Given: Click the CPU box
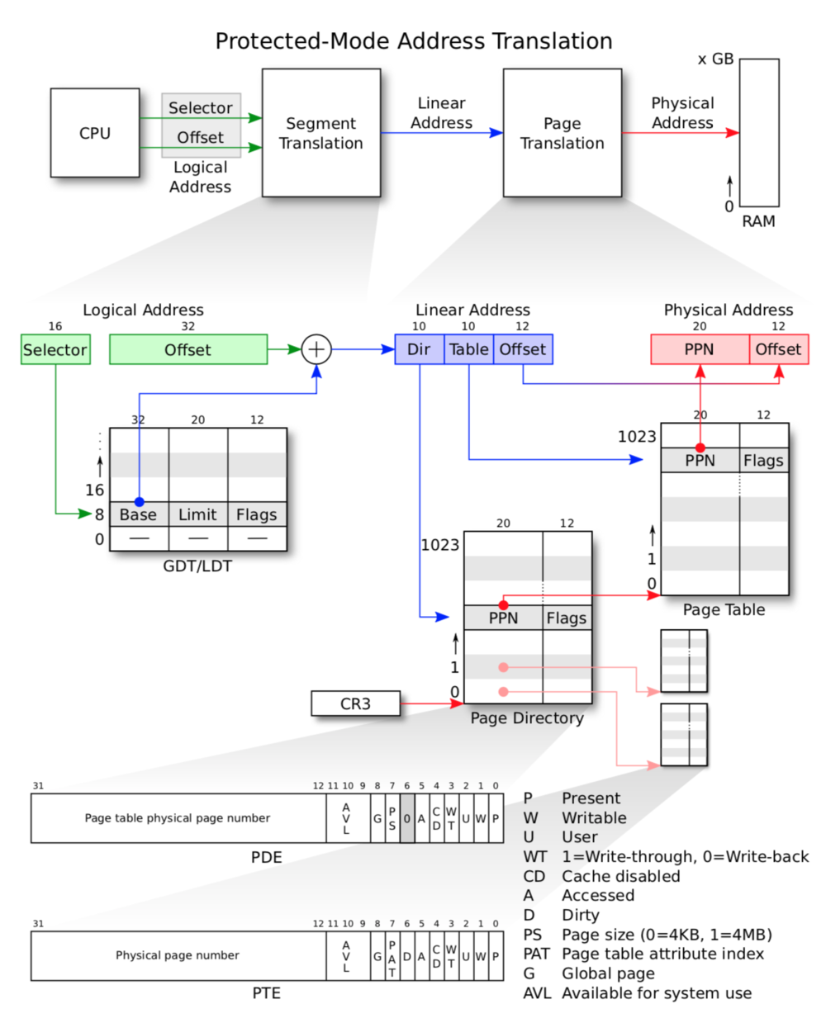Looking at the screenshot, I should [95, 133].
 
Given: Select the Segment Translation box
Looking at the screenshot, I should [320, 133].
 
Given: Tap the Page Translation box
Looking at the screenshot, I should [562, 133].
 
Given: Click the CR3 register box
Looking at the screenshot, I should [355, 703].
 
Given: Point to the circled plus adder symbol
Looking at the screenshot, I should [316, 349].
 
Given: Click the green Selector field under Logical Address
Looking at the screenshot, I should [55, 349].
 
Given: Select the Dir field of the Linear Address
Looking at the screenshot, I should [419, 349].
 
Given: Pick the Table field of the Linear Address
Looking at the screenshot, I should [468, 349].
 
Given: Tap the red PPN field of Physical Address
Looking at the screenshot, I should [699, 349].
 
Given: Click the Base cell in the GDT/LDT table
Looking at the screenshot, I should [138, 514].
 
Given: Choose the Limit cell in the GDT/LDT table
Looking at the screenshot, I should [197, 514].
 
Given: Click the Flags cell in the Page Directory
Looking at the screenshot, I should [567, 618].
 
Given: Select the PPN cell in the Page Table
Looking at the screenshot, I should [700, 460].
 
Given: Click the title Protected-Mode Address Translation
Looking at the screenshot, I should [413, 41].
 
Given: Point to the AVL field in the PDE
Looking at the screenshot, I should [346, 818].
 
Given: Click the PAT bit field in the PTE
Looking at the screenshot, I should [392, 956].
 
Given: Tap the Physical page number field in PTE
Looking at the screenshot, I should [178, 955].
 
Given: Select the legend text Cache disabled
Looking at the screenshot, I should [620, 876].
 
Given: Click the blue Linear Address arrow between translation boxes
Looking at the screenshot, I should [441, 132].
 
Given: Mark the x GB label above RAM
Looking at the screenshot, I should [715, 59].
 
